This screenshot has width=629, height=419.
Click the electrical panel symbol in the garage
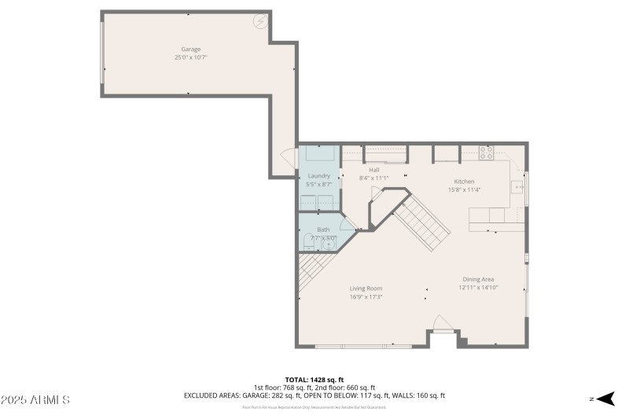click(x=259, y=21)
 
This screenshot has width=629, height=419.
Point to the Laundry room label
click(x=319, y=175)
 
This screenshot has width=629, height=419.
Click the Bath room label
click(x=323, y=230)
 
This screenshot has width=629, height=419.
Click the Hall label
click(x=374, y=170)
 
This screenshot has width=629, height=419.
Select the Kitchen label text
click(x=464, y=182)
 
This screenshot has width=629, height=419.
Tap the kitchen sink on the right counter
click(x=517, y=187)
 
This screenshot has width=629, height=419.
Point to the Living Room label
click(x=366, y=289)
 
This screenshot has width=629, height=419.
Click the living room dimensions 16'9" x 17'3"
click(x=366, y=297)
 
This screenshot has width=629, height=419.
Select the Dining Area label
click(x=478, y=279)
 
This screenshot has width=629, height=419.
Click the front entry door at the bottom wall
click(x=443, y=325)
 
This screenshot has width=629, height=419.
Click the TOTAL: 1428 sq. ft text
click(x=314, y=380)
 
